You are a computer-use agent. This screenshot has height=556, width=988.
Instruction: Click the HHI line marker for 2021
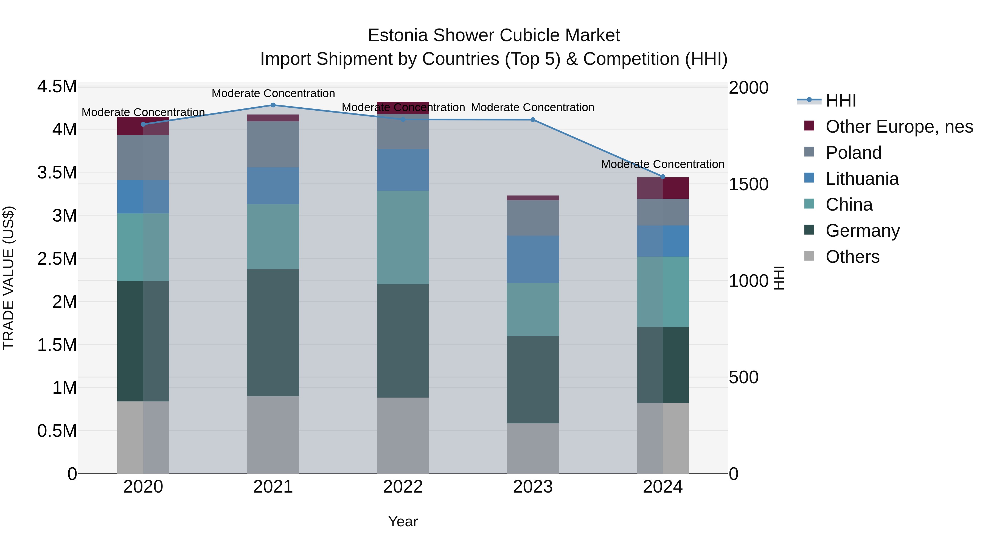pos(273,105)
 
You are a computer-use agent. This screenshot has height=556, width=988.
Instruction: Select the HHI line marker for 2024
pos(663,177)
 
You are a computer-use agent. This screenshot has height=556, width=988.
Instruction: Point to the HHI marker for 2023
pos(533,120)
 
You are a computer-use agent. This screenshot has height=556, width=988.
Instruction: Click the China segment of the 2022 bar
pos(403,238)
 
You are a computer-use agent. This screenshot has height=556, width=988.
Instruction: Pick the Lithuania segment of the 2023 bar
pos(533,259)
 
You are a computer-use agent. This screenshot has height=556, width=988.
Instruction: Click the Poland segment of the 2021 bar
pos(273,144)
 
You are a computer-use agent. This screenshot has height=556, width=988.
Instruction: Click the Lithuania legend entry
pos(862,179)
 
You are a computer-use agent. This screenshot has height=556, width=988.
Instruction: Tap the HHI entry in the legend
pos(840,100)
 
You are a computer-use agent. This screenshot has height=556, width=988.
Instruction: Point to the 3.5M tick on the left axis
pos(57,172)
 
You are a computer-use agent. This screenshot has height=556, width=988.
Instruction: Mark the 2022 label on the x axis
pos(403,487)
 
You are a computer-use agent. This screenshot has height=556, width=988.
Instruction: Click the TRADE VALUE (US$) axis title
pos(9,278)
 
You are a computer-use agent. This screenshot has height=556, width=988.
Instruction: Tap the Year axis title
pos(403,521)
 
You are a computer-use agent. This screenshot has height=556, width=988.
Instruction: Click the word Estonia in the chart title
pos(397,35)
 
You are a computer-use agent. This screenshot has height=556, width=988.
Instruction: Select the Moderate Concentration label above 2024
pos(663,164)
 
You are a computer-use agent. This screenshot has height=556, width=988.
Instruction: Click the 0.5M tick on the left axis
pos(57,431)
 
